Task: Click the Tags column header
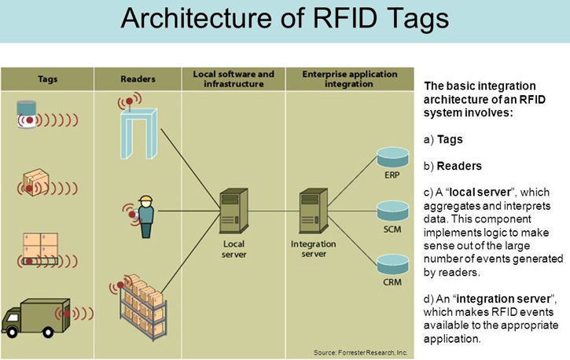(47, 79)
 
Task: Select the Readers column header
(138, 79)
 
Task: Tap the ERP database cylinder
(392, 158)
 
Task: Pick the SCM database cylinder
(392, 211)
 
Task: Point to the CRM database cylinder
(392, 264)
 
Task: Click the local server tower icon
(234, 211)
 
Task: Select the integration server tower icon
(313, 211)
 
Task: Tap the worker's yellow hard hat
(145, 199)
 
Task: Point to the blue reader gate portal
(139, 134)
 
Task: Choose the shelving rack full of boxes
(144, 308)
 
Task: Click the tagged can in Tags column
(27, 115)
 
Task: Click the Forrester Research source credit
(361, 353)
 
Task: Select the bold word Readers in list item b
(459, 166)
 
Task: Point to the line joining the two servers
(274, 211)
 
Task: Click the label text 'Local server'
(234, 249)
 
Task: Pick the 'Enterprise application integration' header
(350, 79)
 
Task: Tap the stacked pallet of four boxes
(40, 245)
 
